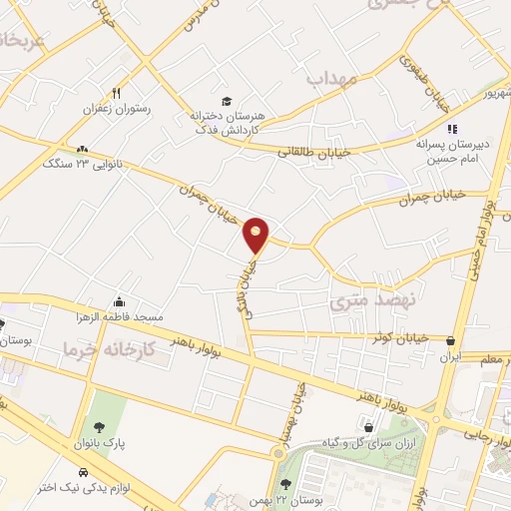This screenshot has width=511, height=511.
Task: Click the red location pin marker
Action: tap(256, 234)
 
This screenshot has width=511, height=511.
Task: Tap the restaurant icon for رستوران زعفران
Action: tap(118, 93)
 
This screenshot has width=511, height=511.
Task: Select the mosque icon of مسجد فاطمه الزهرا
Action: tap(120, 302)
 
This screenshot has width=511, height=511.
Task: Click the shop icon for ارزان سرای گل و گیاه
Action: tap(370, 428)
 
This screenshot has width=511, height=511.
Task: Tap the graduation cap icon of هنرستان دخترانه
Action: tap(227, 102)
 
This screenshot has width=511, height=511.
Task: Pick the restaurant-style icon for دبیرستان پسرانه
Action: tap(451, 129)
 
